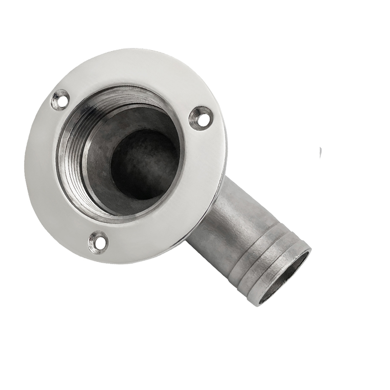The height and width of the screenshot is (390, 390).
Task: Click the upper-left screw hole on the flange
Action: click(x=60, y=99)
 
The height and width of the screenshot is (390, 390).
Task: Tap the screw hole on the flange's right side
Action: click(x=200, y=117)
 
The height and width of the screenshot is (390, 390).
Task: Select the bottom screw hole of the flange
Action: click(x=98, y=241)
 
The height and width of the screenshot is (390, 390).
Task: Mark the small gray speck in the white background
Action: click(x=320, y=153)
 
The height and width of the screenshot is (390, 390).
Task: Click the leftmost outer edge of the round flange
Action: click(x=25, y=156)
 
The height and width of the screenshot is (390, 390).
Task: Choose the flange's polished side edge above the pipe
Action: click(x=219, y=161)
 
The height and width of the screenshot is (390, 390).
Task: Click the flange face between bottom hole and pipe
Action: click(x=146, y=239)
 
